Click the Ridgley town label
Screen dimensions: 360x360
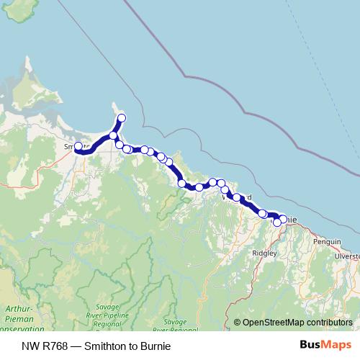[x=264, y=253]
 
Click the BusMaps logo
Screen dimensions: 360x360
[x=323, y=345]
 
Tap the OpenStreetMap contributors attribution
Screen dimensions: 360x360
[x=292, y=323]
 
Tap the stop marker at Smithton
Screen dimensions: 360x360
[x=78, y=146]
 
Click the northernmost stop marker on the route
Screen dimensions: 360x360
[x=122, y=117]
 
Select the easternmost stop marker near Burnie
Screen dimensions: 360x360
[x=283, y=219]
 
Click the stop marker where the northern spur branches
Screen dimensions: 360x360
[x=114, y=135]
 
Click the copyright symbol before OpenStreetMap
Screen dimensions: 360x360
[x=237, y=323]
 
